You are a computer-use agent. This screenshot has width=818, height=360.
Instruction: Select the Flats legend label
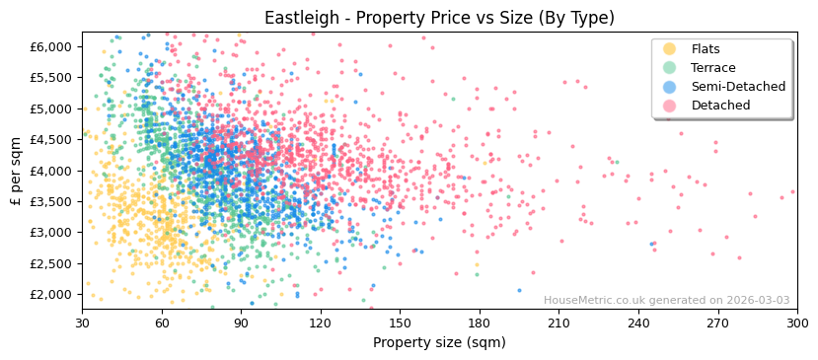pyautogui.click(x=706, y=49)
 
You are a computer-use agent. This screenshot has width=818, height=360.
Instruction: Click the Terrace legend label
pyautogui.click(x=711, y=68)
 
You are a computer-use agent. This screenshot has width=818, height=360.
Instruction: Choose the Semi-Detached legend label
pyautogui.click(x=738, y=87)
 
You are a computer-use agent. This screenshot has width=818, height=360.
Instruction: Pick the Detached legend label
pyautogui.click(x=719, y=106)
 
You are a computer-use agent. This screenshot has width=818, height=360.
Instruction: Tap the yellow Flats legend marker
pyautogui.click(x=670, y=49)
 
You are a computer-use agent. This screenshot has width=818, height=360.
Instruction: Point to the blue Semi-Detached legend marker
pyautogui.click(x=670, y=87)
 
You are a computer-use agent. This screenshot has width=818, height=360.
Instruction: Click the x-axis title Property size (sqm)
pyautogui.click(x=439, y=342)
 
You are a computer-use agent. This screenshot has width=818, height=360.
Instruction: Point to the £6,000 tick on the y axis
pyautogui.click(x=49, y=46)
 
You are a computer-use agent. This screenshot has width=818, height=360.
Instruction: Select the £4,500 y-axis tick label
pyautogui.click(x=49, y=140)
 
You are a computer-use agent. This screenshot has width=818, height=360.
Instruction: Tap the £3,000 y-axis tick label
pyautogui.click(x=49, y=233)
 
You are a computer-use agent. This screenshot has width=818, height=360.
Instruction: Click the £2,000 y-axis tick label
pyautogui.click(x=49, y=295)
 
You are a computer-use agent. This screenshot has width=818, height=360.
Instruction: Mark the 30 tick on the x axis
pyautogui.click(x=83, y=323)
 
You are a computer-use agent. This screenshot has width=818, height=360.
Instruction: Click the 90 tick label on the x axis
pyautogui.click(x=242, y=323)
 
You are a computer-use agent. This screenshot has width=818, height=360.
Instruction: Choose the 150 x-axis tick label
pyautogui.click(x=400, y=323)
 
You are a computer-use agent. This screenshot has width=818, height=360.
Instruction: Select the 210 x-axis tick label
pyautogui.click(x=558, y=323)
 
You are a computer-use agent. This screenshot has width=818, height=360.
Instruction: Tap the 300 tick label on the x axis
pyautogui.click(x=796, y=323)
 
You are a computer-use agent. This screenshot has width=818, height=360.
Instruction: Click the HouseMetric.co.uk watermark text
pyautogui.click(x=666, y=301)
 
